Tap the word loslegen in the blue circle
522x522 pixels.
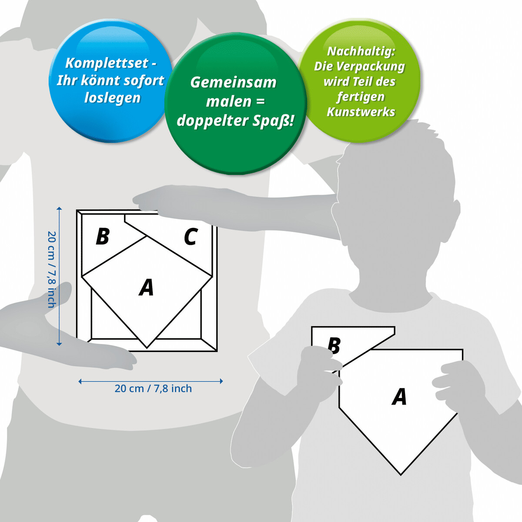click(112, 98)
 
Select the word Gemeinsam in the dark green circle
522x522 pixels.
click(233, 83)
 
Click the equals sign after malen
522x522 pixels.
click(260, 101)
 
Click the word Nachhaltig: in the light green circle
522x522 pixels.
click(361, 51)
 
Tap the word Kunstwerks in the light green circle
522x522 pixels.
click(361, 112)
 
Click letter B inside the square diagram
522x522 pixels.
click(102, 237)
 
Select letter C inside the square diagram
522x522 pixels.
click(191, 237)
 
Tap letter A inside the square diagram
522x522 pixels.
click(147, 288)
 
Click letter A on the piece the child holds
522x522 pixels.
click(399, 397)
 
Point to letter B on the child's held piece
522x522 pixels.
click(334, 345)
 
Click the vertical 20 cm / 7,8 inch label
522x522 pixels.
click(51, 270)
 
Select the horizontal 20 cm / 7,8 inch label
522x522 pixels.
click(153, 388)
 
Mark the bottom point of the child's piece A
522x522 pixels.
click(401, 474)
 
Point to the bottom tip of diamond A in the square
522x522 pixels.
click(147, 348)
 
